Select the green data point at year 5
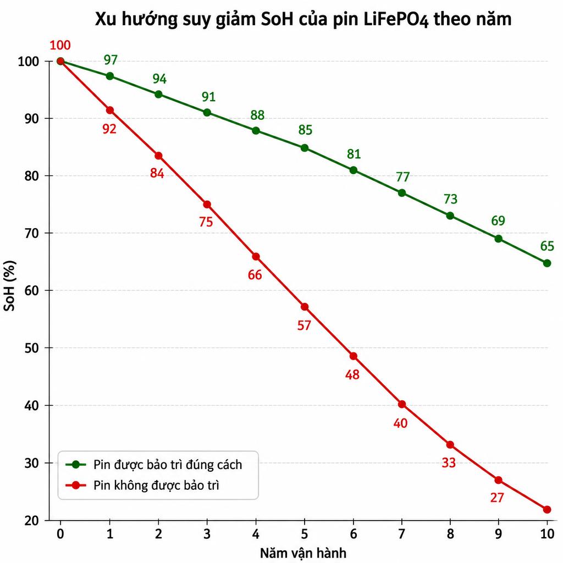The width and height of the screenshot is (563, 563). point(305,148)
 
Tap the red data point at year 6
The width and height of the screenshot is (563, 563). point(354,356)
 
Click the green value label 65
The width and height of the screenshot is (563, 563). point(547,246)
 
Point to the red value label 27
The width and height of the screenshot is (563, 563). point(497,498)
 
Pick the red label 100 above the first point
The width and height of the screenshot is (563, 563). point(60,45)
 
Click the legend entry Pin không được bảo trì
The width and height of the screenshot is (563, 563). point(156,485)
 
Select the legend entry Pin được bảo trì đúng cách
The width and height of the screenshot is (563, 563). point(168,465)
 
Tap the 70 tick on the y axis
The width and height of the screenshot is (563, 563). point(31,233)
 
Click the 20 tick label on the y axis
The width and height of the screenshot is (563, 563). point(31,521)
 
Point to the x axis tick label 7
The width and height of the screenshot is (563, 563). point(402,534)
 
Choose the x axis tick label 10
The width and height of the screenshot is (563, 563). point(547,534)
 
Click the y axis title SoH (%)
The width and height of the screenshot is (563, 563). point(9,286)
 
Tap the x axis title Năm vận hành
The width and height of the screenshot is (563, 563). point(303,553)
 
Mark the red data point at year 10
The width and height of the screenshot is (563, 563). point(547,510)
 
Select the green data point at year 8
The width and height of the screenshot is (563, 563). point(450,216)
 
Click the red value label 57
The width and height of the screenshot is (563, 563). point(303,325)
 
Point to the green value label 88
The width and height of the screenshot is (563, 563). point(257,115)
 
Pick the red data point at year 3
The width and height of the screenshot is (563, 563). point(207,205)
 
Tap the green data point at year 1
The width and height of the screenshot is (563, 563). point(110,76)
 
